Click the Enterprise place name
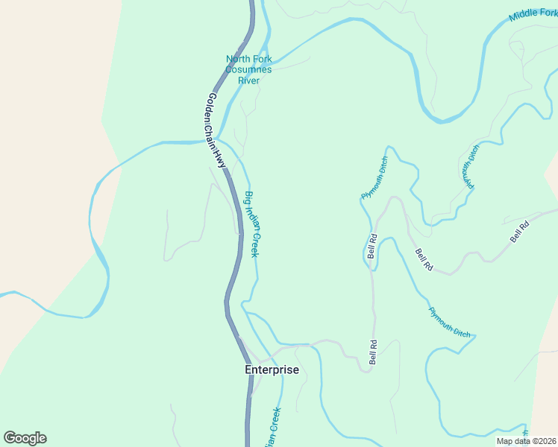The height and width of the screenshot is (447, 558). point(272,370)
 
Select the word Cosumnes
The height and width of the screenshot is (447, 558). point(249,70)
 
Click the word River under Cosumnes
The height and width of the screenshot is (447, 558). point(248,80)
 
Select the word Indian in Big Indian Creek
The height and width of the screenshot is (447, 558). point(252,220)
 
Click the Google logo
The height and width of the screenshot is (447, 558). point(25,438)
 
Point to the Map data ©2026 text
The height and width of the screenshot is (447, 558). point(525,441)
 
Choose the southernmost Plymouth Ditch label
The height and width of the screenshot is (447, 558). point(449,323)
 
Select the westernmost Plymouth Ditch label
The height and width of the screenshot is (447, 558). point(374,178)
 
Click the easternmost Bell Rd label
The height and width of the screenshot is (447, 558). point(519,232)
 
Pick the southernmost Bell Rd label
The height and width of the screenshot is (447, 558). point(373,352)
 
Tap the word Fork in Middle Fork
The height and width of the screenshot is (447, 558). point(545,10)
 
